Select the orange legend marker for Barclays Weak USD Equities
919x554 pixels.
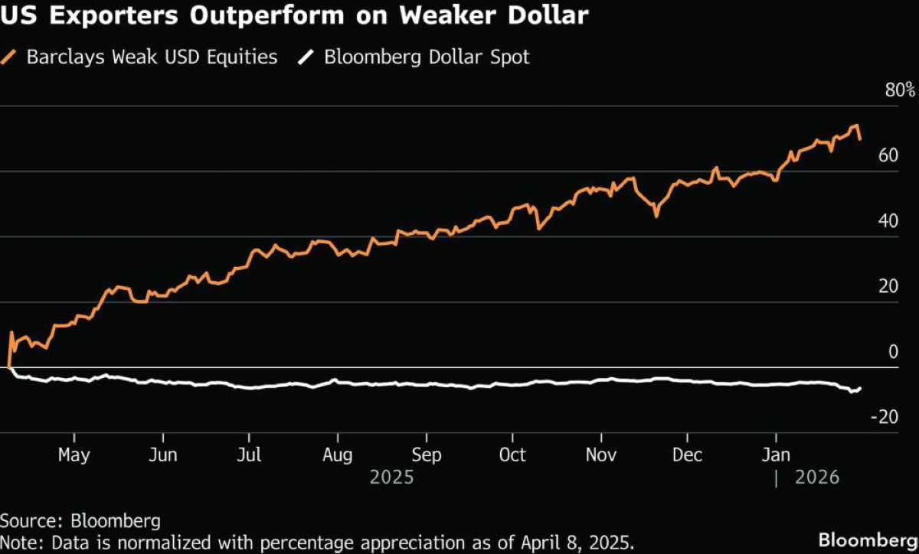(11, 57)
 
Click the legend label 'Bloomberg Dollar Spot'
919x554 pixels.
(427, 57)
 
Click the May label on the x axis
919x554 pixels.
(74, 455)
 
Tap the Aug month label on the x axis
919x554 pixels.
(337, 455)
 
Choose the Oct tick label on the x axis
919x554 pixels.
(512, 455)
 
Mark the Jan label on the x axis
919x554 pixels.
(777, 455)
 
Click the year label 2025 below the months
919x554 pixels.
(391, 477)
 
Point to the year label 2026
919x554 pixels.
(817, 477)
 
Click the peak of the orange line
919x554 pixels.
(855, 125)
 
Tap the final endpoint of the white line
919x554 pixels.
(860, 388)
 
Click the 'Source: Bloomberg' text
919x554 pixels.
(80, 521)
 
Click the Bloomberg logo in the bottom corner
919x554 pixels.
(867, 539)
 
